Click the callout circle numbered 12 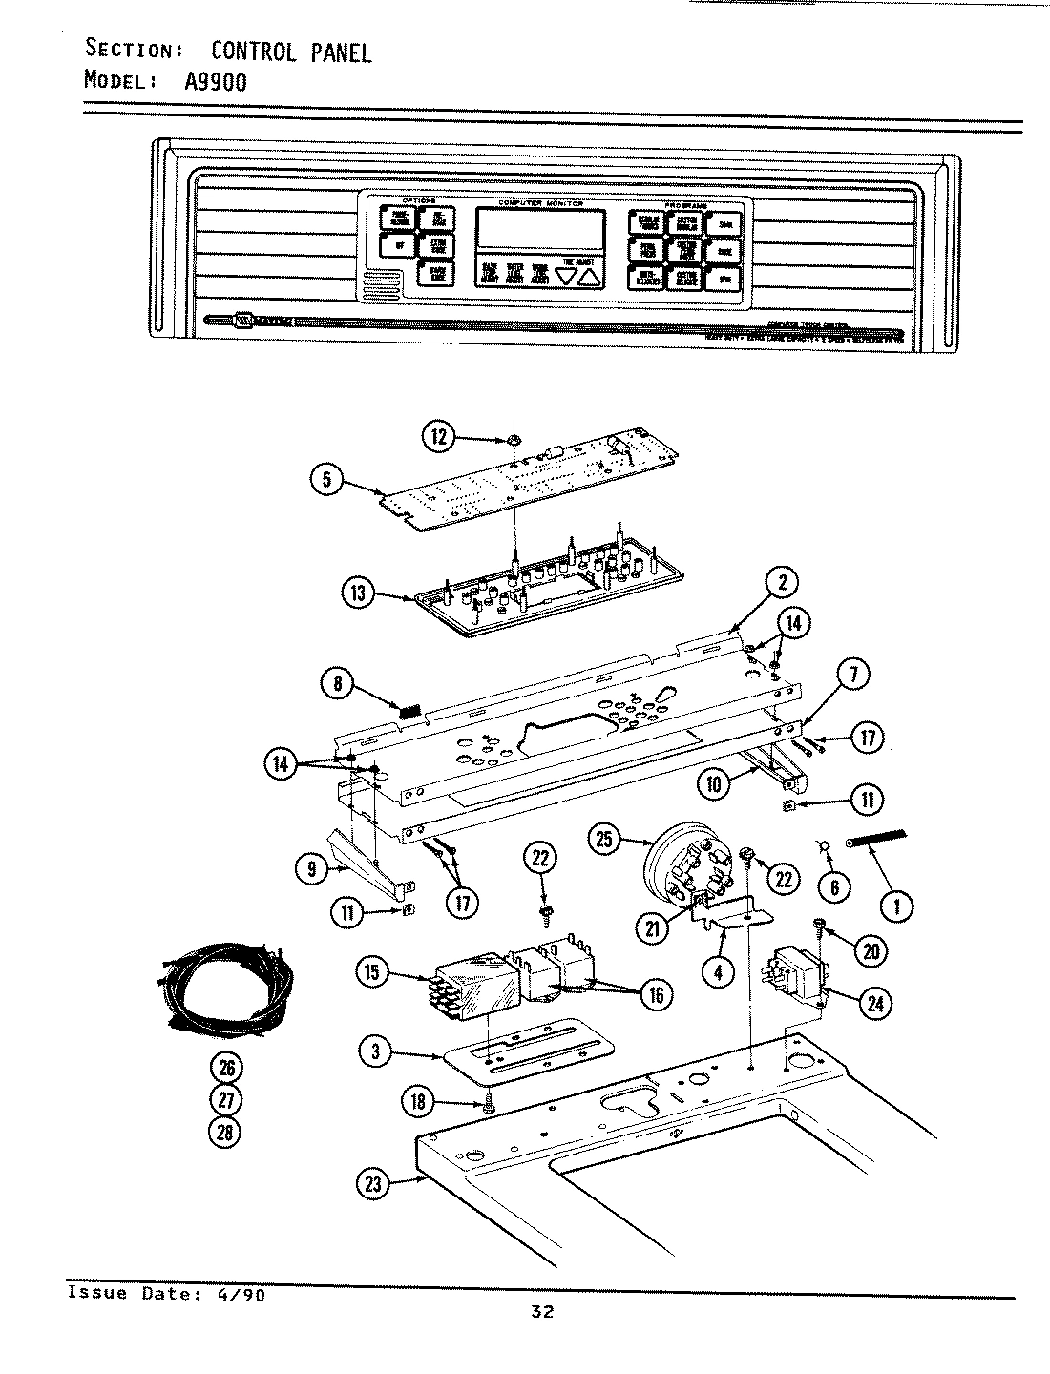coord(437,438)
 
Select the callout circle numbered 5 coord(327,479)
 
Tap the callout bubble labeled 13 coord(358,593)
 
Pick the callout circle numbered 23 coord(373,1184)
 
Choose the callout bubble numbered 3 coord(377,1052)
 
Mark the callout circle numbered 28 coord(225,1132)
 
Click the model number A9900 coord(215,81)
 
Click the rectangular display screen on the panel coord(541,230)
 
